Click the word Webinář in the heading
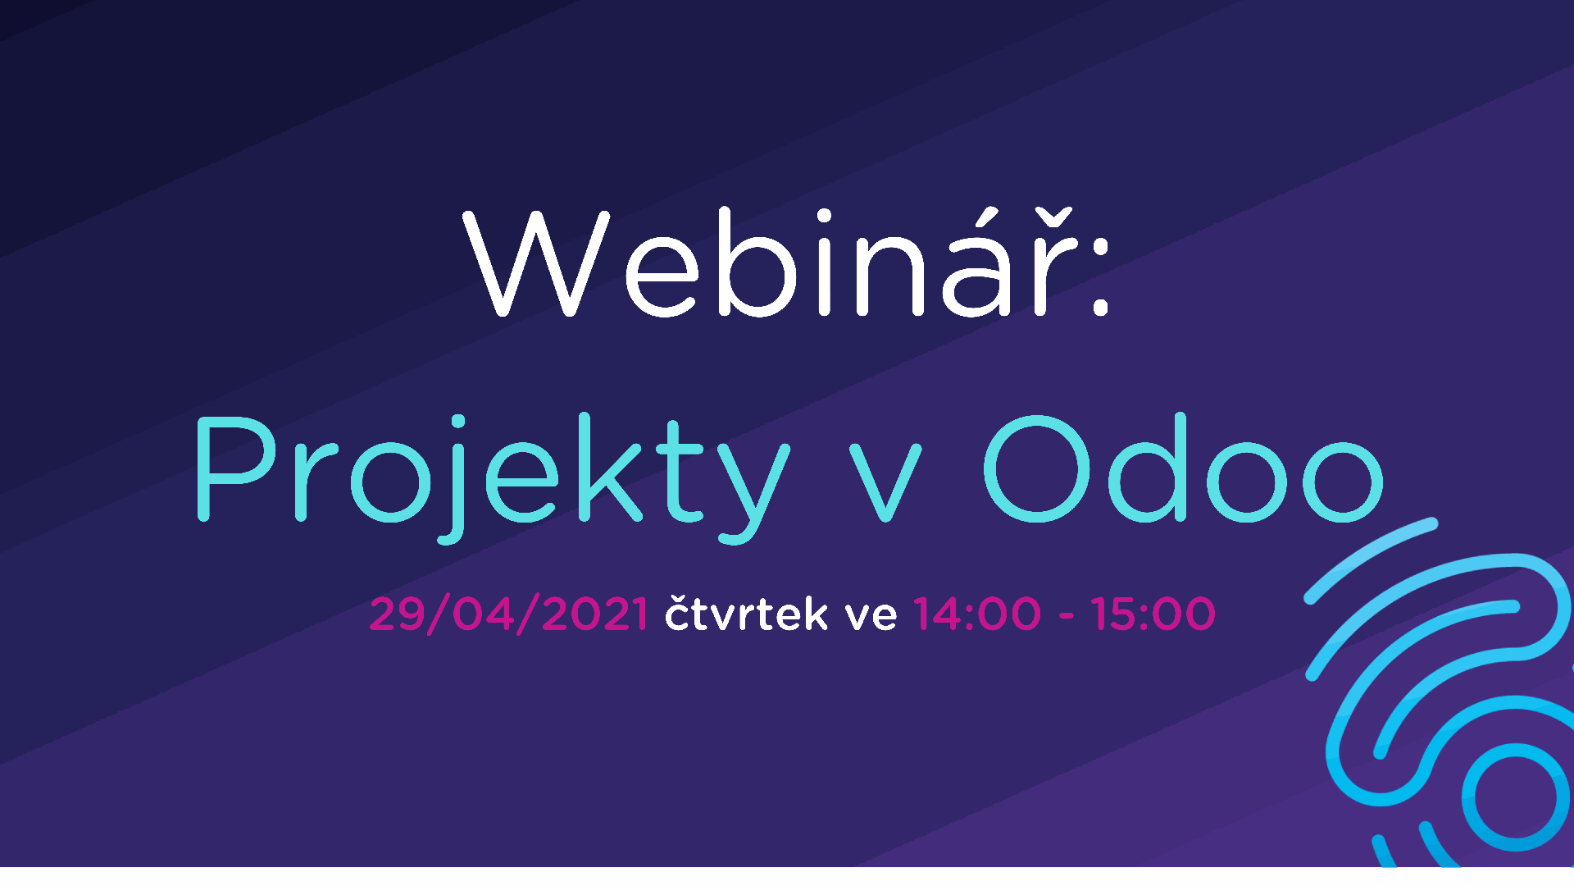(771, 263)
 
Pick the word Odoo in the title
(1184, 468)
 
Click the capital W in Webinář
(537, 263)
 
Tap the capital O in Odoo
(1037, 468)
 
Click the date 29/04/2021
(509, 614)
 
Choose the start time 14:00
(977, 614)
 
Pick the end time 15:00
(1153, 614)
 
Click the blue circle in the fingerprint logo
(1516, 797)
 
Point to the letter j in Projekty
(454, 479)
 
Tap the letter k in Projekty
(609, 468)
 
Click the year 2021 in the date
(595, 614)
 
